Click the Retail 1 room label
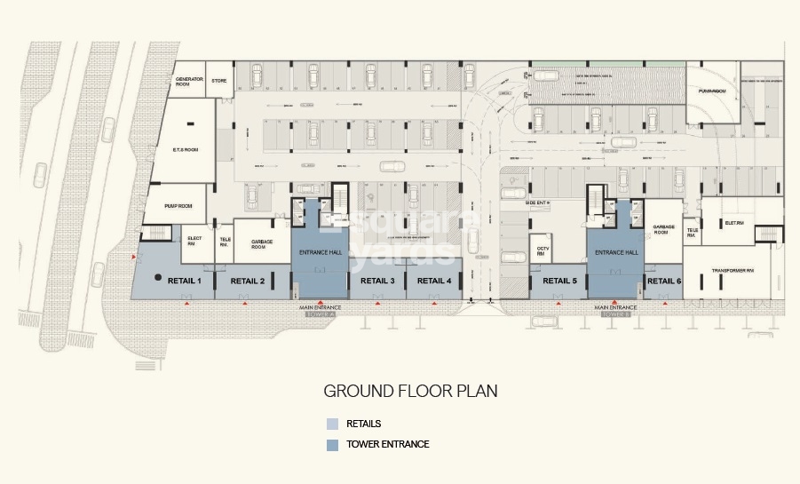185,282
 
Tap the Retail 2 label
248,282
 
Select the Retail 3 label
377,282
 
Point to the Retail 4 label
434,282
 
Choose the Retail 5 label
559,282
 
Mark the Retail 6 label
664,282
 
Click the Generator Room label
190,83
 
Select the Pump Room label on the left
178,205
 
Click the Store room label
218,81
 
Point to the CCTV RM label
540,250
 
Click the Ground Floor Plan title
409,391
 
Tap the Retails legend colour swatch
332,424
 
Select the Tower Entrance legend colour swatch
332,444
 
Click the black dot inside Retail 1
158,278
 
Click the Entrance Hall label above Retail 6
616,252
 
